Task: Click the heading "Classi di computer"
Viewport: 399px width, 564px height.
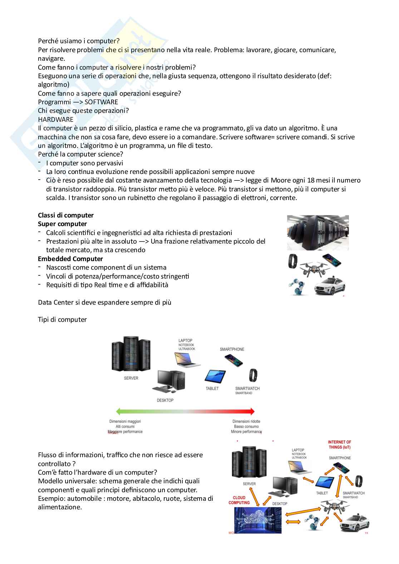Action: [x=66, y=215]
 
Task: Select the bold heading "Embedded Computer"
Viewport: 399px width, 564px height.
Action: [x=70, y=259]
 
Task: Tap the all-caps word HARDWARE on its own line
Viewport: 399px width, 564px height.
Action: [x=55, y=119]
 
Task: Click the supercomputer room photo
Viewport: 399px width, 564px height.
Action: [x=317, y=233]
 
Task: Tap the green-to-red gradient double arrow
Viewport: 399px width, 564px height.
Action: [x=185, y=411]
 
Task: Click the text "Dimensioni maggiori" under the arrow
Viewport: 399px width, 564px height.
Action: [x=125, y=421]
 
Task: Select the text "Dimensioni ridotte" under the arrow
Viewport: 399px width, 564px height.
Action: [x=246, y=421]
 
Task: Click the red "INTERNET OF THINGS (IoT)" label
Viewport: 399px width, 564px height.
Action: [x=339, y=445]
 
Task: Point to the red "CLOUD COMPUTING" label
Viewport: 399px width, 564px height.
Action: [x=239, y=500]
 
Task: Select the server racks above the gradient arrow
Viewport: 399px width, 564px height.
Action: [x=130, y=355]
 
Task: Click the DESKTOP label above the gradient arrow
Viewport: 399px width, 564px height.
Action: [x=165, y=400]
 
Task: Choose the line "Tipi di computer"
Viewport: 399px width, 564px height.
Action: [x=62, y=320]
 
